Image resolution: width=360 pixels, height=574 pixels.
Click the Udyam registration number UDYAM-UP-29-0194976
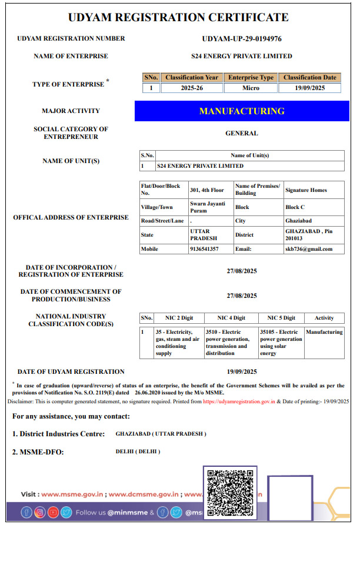click(241, 39)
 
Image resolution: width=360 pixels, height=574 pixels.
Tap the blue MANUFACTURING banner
click(242, 111)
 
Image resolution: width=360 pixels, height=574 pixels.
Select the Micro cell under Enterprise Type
click(251, 88)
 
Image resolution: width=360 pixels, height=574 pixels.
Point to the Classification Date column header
click(310, 78)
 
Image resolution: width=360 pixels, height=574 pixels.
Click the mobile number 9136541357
click(204, 249)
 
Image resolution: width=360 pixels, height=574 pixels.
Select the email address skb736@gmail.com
click(309, 249)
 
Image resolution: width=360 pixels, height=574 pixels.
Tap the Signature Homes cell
click(306, 190)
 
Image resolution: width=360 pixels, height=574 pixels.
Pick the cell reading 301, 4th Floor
click(207, 190)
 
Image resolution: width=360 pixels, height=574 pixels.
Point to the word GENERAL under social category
click(242, 134)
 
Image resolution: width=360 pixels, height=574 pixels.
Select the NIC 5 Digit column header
click(281, 318)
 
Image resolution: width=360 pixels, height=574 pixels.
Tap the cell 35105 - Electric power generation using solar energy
click(281, 343)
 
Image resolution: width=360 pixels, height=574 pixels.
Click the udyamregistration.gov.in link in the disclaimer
click(239, 401)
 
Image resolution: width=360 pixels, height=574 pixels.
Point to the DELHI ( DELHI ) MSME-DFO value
click(138, 452)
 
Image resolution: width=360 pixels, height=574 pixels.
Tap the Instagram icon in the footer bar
click(39, 512)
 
